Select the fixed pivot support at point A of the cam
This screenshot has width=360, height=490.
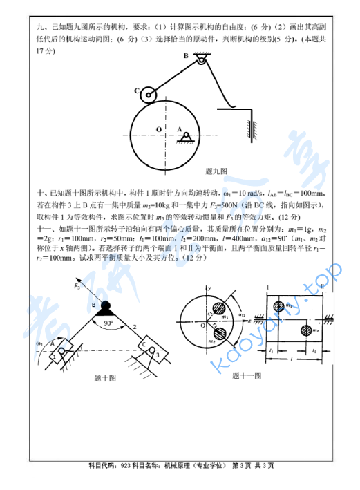point(184,137)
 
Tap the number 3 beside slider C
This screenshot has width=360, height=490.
point(158,355)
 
